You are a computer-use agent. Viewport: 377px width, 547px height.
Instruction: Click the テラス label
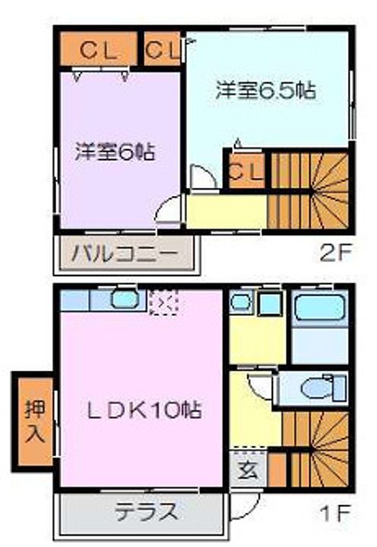click(x=146, y=510)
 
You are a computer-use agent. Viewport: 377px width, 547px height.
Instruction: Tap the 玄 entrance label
click(x=248, y=469)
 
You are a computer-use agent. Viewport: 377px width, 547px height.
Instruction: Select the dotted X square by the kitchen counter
click(x=161, y=302)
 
